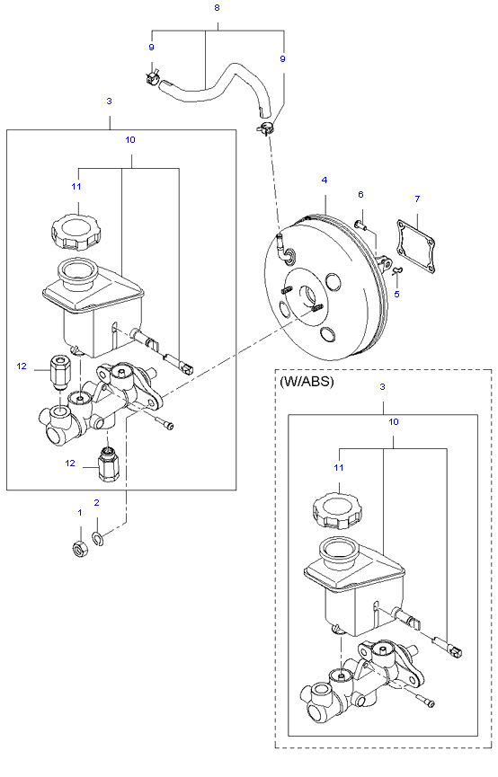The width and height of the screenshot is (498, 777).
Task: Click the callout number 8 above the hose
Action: [x=217, y=8]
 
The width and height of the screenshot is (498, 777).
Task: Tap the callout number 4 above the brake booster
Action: [x=325, y=180]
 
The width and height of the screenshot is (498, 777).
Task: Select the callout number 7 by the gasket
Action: [x=417, y=199]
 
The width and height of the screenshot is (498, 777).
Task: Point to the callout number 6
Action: [x=360, y=194]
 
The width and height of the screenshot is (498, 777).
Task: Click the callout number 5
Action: [x=396, y=294]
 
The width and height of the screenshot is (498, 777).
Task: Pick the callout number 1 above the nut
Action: [x=79, y=512]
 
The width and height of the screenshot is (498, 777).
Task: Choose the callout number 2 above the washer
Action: [x=97, y=502]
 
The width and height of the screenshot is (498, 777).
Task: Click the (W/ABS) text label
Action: [x=307, y=382]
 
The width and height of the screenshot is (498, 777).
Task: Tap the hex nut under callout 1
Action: [x=80, y=549]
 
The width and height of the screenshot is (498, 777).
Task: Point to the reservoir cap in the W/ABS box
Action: [x=337, y=511]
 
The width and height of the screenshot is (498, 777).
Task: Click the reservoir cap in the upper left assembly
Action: [x=76, y=232]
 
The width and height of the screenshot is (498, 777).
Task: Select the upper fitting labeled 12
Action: [x=58, y=372]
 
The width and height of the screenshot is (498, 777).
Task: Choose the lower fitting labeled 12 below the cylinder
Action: [x=107, y=464]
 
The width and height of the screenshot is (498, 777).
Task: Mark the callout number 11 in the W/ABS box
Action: [x=338, y=467]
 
